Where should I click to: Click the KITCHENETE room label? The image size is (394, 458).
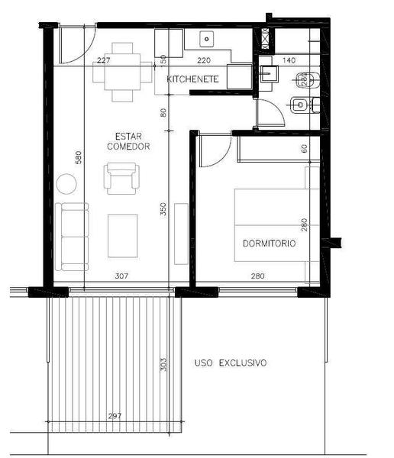coord(192,79)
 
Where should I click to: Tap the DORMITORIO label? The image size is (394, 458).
coord(269,244)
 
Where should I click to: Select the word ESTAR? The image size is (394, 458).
coord(128,137)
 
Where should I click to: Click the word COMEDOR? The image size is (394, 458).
coord(128,147)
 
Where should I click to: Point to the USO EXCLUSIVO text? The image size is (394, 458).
coord(231,363)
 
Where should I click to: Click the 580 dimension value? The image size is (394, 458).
coord(79,157)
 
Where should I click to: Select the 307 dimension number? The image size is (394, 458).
coord(121,276)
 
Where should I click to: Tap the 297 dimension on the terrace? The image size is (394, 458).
coord(115,416)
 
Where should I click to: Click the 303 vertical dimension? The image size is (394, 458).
coord(163,364)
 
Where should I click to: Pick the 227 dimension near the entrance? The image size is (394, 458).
coord(104,60)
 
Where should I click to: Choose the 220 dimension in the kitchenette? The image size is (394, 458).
coord(204,60)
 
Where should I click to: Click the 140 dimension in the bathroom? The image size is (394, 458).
coord(289,60)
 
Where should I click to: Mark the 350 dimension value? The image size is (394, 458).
coord(163,209)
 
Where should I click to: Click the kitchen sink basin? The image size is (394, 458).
coord(207,39)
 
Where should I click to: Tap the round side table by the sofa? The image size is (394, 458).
coord(66,184)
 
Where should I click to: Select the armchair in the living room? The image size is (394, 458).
coord(121,179)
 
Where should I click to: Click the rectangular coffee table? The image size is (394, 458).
coord(122,236)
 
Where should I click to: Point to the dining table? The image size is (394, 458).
coord(122,72)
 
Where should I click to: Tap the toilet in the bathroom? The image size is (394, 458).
coord(308,79)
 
